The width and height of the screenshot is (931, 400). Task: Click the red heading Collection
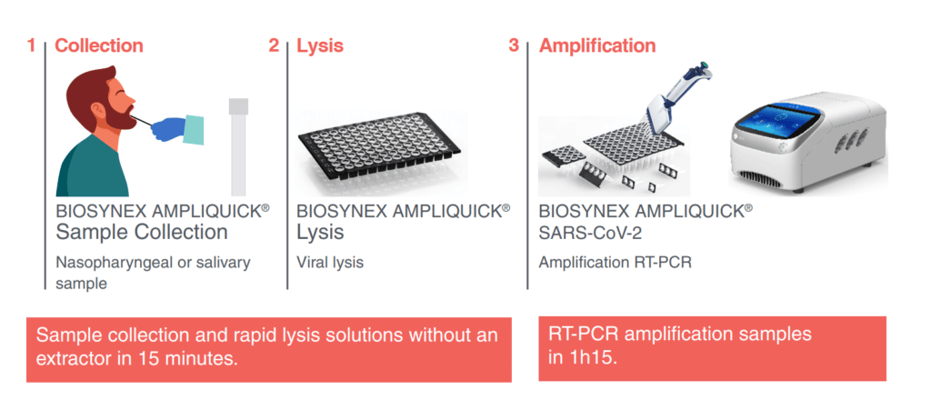pos(99,45)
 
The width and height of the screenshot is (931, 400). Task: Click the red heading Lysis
pos(320,45)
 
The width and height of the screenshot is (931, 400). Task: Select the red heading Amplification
pos(597,45)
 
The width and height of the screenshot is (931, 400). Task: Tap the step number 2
pos(274,45)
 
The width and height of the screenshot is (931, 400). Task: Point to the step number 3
pos(515,45)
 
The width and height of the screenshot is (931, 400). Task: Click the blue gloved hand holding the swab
pos(169,128)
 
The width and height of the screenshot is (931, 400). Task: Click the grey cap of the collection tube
pos(238,106)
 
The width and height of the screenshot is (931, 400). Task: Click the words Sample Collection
pos(142,232)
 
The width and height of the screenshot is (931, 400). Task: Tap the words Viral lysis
pos(330,262)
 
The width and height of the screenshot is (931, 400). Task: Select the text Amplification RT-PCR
pos(616,262)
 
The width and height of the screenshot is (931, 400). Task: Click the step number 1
pos(31,45)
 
